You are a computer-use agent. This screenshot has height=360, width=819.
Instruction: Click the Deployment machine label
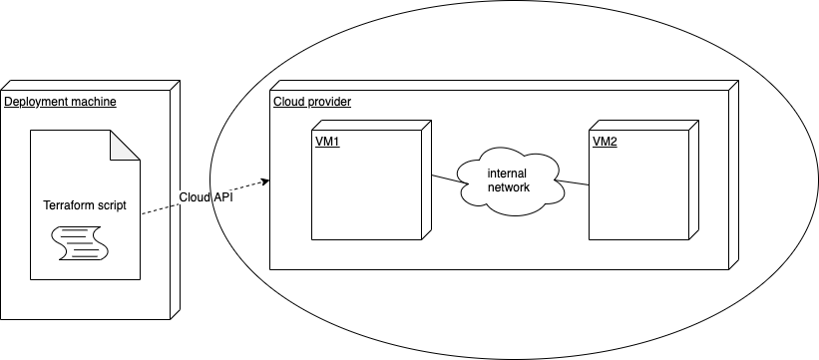coord(61,102)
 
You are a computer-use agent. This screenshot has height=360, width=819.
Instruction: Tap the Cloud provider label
coord(311,102)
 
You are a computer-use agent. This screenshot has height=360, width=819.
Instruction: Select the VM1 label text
coord(326,142)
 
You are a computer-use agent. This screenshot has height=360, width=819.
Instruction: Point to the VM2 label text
coord(605,142)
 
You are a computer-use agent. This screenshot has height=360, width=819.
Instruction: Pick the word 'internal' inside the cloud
coord(507,174)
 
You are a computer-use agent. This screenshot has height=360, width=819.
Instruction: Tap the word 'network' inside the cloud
coord(509,187)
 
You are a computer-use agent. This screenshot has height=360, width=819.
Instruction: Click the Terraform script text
coord(85,205)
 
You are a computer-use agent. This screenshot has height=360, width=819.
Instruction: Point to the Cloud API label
coord(206,197)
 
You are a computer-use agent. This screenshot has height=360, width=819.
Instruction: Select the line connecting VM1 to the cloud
coord(445,179)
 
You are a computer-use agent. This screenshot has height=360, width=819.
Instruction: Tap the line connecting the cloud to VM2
coord(573,183)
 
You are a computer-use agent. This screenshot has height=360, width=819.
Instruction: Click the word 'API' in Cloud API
coord(223,197)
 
